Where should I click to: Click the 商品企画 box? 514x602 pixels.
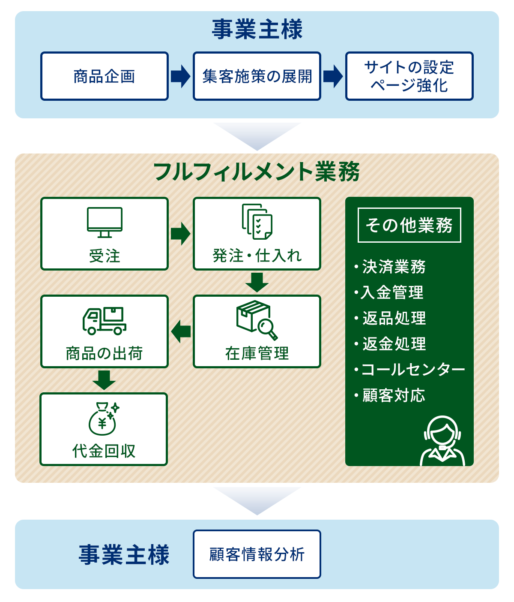point(105,76)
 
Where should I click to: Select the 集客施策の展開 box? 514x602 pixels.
point(257,76)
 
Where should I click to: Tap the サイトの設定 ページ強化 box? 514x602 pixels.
point(409,76)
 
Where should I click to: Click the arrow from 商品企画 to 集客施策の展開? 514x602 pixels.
point(181,76)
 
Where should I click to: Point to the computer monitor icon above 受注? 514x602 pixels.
point(105,223)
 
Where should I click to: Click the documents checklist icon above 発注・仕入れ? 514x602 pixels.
point(257,222)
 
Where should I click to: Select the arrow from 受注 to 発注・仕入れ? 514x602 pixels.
point(181,234)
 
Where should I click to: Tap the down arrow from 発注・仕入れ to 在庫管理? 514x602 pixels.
point(257,282)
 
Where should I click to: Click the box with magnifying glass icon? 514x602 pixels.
point(257,320)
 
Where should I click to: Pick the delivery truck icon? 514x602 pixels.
point(105,321)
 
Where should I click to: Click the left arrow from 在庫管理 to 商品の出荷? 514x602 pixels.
point(181,331)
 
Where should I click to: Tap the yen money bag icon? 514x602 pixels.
point(104,419)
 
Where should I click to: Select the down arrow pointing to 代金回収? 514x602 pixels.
point(104,380)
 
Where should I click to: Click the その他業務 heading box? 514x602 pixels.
point(409,225)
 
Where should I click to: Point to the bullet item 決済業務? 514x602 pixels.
point(390,267)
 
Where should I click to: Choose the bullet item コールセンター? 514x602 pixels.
point(409,369)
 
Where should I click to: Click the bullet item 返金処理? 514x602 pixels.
point(390,344)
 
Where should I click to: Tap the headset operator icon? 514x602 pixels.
point(442,441)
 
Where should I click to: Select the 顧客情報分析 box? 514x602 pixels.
point(257,554)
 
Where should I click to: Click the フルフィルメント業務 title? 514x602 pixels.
point(257,172)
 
